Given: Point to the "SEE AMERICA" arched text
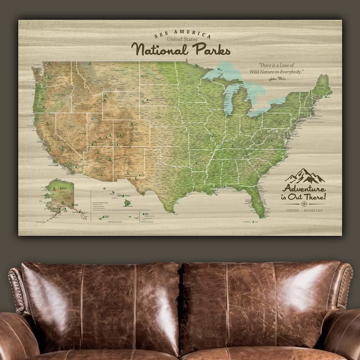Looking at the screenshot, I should (x=182, y=34).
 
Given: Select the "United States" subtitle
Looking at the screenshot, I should (x=182, y=40).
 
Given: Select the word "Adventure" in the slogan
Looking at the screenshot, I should (x=304, y=189).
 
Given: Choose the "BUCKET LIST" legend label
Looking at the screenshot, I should (x=314, y=211).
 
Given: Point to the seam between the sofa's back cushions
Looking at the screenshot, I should (x=181, y=304).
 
